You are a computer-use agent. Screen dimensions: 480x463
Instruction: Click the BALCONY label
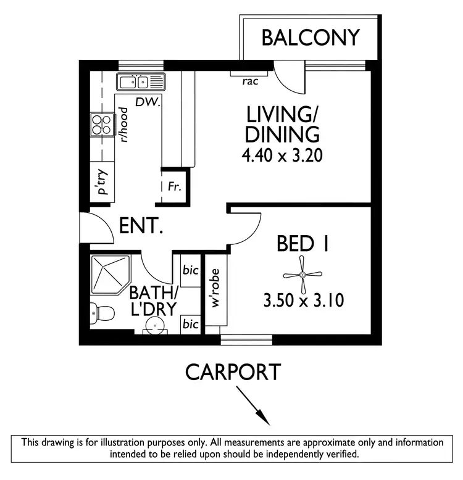[x=310, y=38]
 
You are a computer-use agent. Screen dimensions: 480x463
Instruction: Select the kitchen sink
[x=141, y=81]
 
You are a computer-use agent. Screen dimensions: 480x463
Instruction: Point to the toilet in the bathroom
[x=101, y=313]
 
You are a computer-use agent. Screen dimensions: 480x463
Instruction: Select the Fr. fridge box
[x=174, y=186]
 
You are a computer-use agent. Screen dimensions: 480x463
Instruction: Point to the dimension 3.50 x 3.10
[x=302, y=301]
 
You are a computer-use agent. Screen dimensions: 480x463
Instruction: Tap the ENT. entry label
[x=141, y=226]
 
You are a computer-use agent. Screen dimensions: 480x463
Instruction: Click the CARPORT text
[x=233, y=372]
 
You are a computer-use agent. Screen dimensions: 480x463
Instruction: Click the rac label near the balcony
[x=249, y=81]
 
